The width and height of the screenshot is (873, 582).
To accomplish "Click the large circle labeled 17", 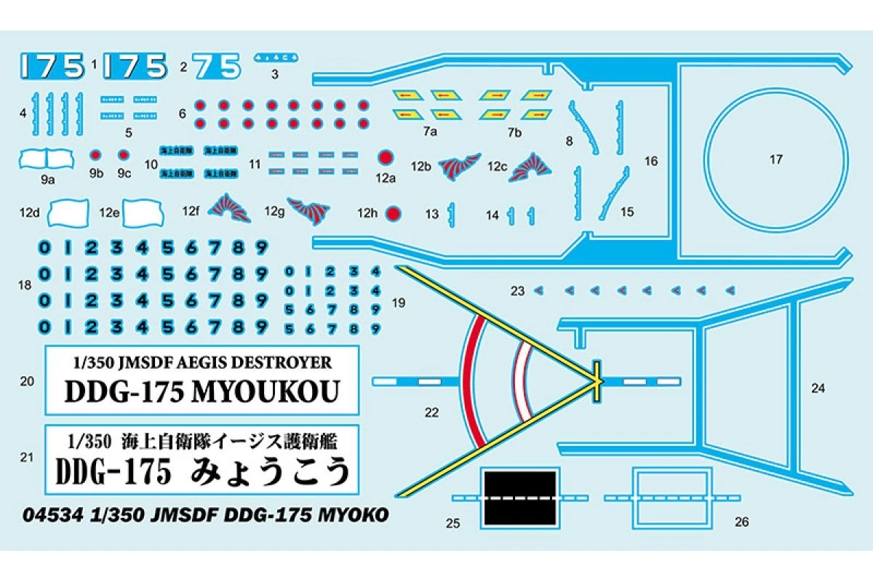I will [x=776, y=160].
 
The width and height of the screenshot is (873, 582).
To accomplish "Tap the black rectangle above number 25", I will [x=519, y=498].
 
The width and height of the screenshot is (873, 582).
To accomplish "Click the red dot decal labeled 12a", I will [x=386, y=157].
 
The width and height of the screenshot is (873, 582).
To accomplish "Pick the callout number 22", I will [x=431, y=412].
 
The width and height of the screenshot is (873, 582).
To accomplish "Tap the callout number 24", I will [x=818, y=388].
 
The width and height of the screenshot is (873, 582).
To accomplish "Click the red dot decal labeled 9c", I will [x=124, y=155].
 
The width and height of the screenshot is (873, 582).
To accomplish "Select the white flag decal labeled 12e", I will [x=144, y=212].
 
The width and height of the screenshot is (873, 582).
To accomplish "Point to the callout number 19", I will [x=398, y=303].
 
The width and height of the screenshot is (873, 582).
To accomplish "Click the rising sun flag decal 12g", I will [x=310, y=211].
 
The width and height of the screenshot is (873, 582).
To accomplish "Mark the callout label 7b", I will [x=515, y=132].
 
